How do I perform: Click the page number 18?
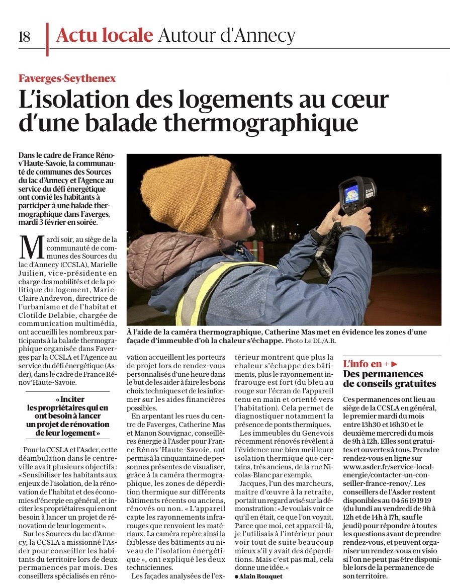(24, 37)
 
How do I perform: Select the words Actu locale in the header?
(105, 35)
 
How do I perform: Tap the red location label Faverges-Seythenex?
(67, 78)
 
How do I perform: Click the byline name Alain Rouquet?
(261, 576)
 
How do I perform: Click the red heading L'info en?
(363, 364)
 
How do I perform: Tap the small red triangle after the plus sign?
(395, 364)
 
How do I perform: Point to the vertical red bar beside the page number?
(47, 39)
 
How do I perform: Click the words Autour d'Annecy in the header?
(226, 35)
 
